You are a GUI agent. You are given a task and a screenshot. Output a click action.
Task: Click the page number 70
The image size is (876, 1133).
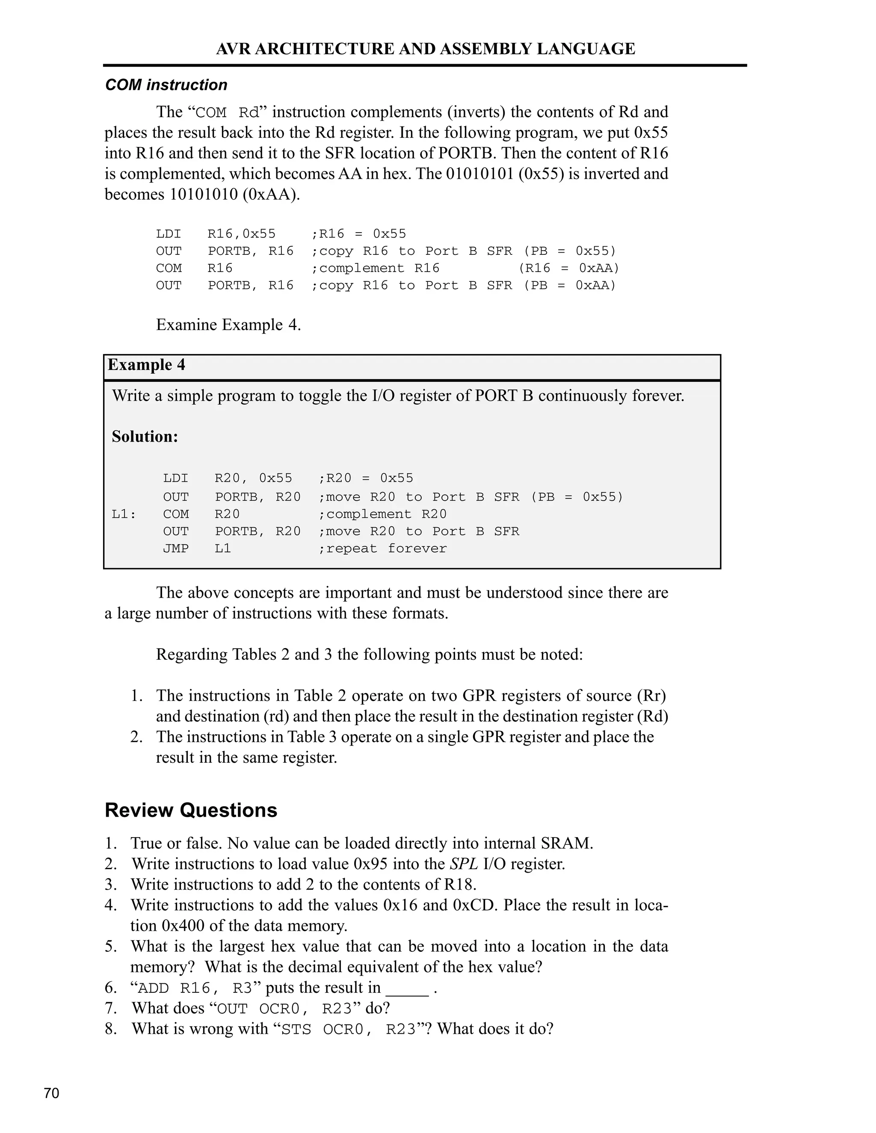coord(51,1093)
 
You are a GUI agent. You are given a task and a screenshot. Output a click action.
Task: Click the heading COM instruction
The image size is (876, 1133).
coord(166,85)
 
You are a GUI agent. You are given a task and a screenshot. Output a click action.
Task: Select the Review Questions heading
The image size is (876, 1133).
coord(191,810)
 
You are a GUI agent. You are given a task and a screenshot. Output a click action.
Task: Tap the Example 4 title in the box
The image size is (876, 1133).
coord(146,365)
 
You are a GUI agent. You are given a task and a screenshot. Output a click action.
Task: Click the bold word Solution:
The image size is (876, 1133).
coord(145,436)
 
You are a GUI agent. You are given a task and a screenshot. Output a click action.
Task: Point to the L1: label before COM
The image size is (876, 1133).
coord(124,514)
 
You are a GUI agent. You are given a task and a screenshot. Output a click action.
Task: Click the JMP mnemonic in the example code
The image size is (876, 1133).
coord(175,549)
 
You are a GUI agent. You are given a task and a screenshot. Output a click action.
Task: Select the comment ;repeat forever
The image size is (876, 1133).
coord(382,549)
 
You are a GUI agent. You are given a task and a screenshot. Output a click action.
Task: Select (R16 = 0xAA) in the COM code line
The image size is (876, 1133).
coord(569,268)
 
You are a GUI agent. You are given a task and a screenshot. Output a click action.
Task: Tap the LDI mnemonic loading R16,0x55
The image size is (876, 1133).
coord(169,234)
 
